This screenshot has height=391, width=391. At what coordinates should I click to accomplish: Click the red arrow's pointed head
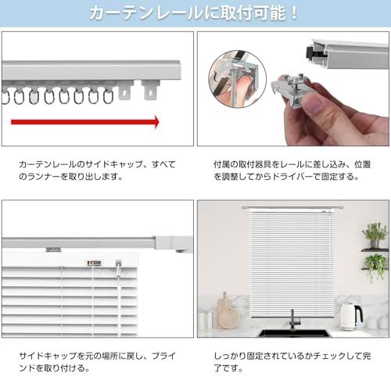click(156, 122)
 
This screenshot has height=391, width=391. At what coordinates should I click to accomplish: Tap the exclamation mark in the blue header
click(294, 13)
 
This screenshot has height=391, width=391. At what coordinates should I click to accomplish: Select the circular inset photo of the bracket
click(238, 79)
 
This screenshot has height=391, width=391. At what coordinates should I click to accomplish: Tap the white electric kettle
click(351, 317)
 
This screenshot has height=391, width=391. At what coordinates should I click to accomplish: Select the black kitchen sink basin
click(295, 333)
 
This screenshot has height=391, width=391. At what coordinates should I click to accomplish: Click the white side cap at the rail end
click(173, 243)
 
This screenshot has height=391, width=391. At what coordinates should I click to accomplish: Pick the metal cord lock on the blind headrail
click(94, 264)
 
